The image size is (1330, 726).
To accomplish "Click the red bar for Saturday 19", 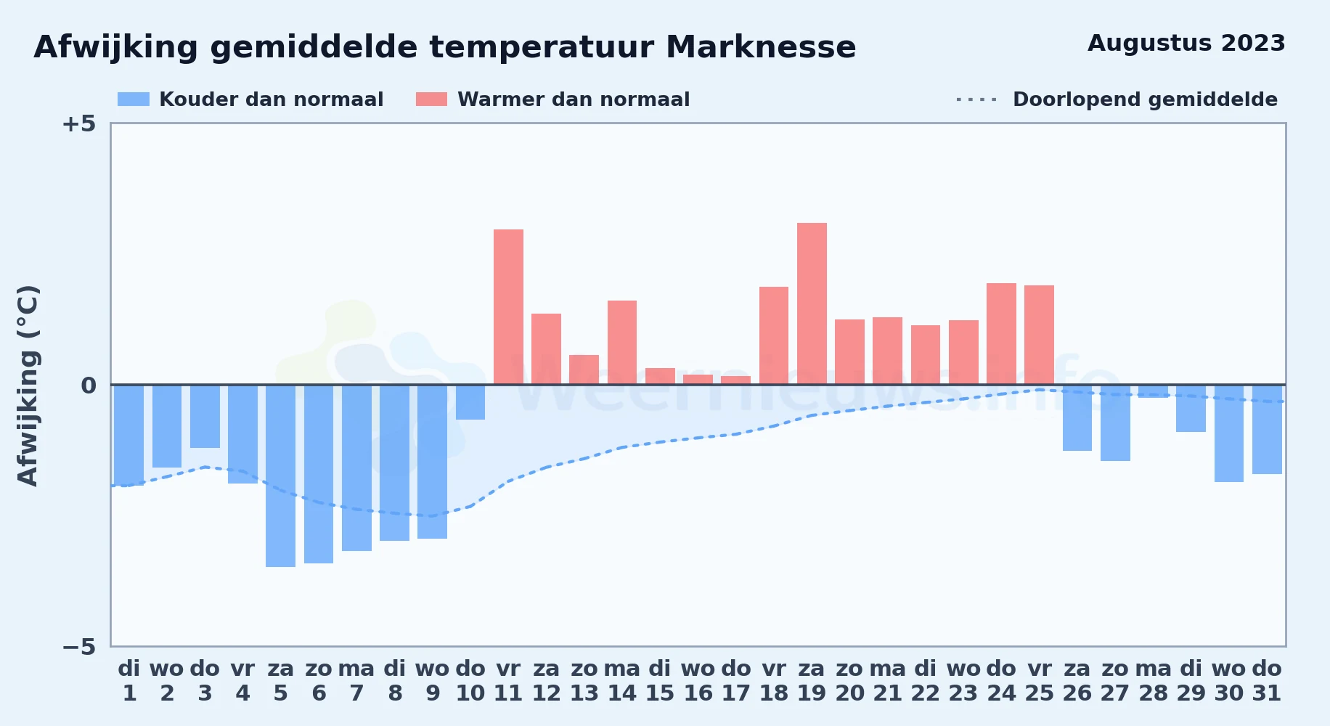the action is tap(812, 303).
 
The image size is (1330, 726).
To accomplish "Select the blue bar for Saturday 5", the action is tap(280, 476).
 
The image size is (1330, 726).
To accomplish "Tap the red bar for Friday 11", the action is tap(508, 307).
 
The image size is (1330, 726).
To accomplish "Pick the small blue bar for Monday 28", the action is tap(1153, 391).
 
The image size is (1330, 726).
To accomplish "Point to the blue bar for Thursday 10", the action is tap(470, 402).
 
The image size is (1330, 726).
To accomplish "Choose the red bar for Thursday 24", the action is tap(1001, 334).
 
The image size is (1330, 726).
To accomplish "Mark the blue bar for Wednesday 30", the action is tap(1229, 433).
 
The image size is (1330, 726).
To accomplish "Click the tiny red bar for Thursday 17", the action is tap(735, 380).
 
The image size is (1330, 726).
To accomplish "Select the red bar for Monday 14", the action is tap(622, 343).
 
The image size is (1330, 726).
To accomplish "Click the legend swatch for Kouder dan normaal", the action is tap(134, 99).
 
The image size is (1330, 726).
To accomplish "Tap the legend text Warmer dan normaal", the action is tap(574, 99).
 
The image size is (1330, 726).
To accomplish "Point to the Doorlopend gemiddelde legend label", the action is tap(1145, 99).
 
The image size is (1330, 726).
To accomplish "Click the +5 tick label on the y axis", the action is tap(79, 123).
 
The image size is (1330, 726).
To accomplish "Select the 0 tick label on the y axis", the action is tap(89, 386).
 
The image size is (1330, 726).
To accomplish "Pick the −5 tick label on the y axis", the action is tap(79, 646).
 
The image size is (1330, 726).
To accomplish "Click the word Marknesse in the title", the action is tap(761, 47).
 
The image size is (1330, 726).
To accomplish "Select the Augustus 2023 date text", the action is tap(1186, 44).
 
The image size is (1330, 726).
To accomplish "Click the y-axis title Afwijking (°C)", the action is tap(28, 386).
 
